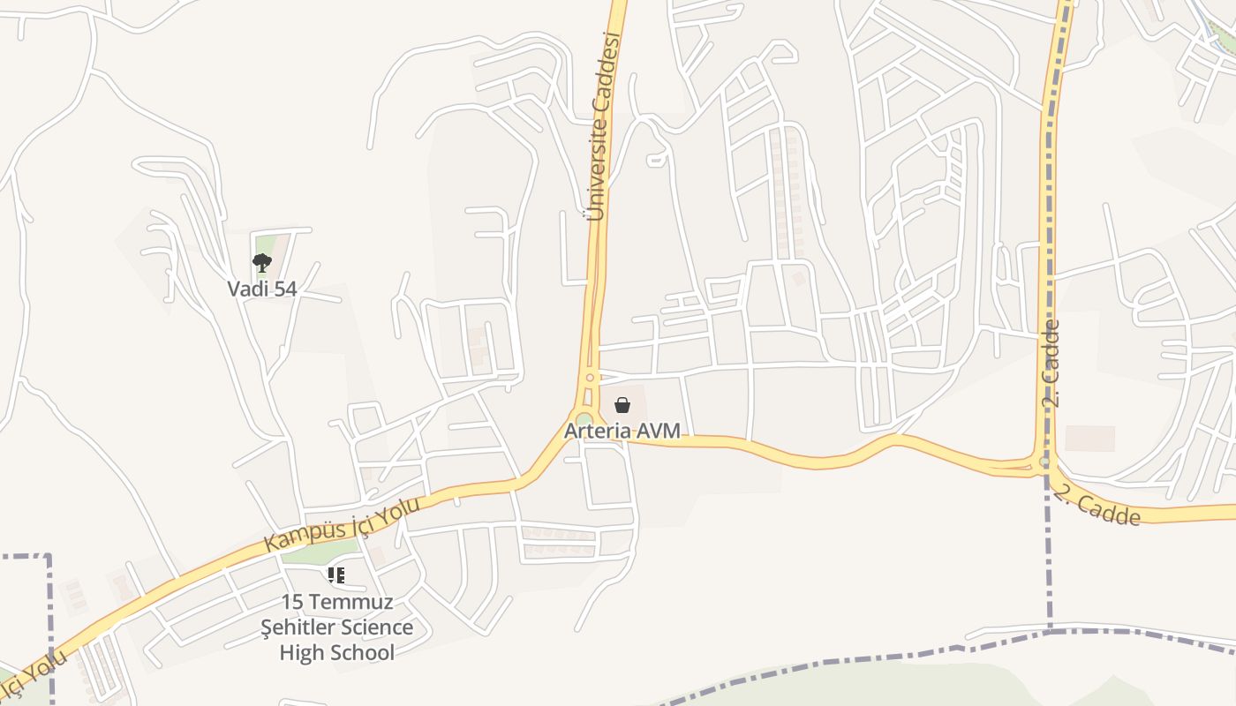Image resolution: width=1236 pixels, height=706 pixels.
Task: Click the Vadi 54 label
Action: pos(262,289)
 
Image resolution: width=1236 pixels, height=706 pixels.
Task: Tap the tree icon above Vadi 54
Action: pos(261,262)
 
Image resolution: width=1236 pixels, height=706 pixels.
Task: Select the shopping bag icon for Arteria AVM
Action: pos(622,405)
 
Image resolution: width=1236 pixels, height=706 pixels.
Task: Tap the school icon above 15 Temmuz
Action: pos(336,575)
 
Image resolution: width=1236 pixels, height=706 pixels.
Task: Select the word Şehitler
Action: pos(298,627)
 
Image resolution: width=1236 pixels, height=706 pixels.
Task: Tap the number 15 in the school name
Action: pos(292,602)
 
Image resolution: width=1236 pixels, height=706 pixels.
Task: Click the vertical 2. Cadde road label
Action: pos(1051,363)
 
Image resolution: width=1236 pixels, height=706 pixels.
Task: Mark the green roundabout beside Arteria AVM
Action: pos(584,419)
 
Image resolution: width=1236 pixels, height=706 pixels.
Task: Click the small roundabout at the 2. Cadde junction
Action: pos(1045,462)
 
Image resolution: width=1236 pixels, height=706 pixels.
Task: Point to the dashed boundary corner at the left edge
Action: pos(49,556)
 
